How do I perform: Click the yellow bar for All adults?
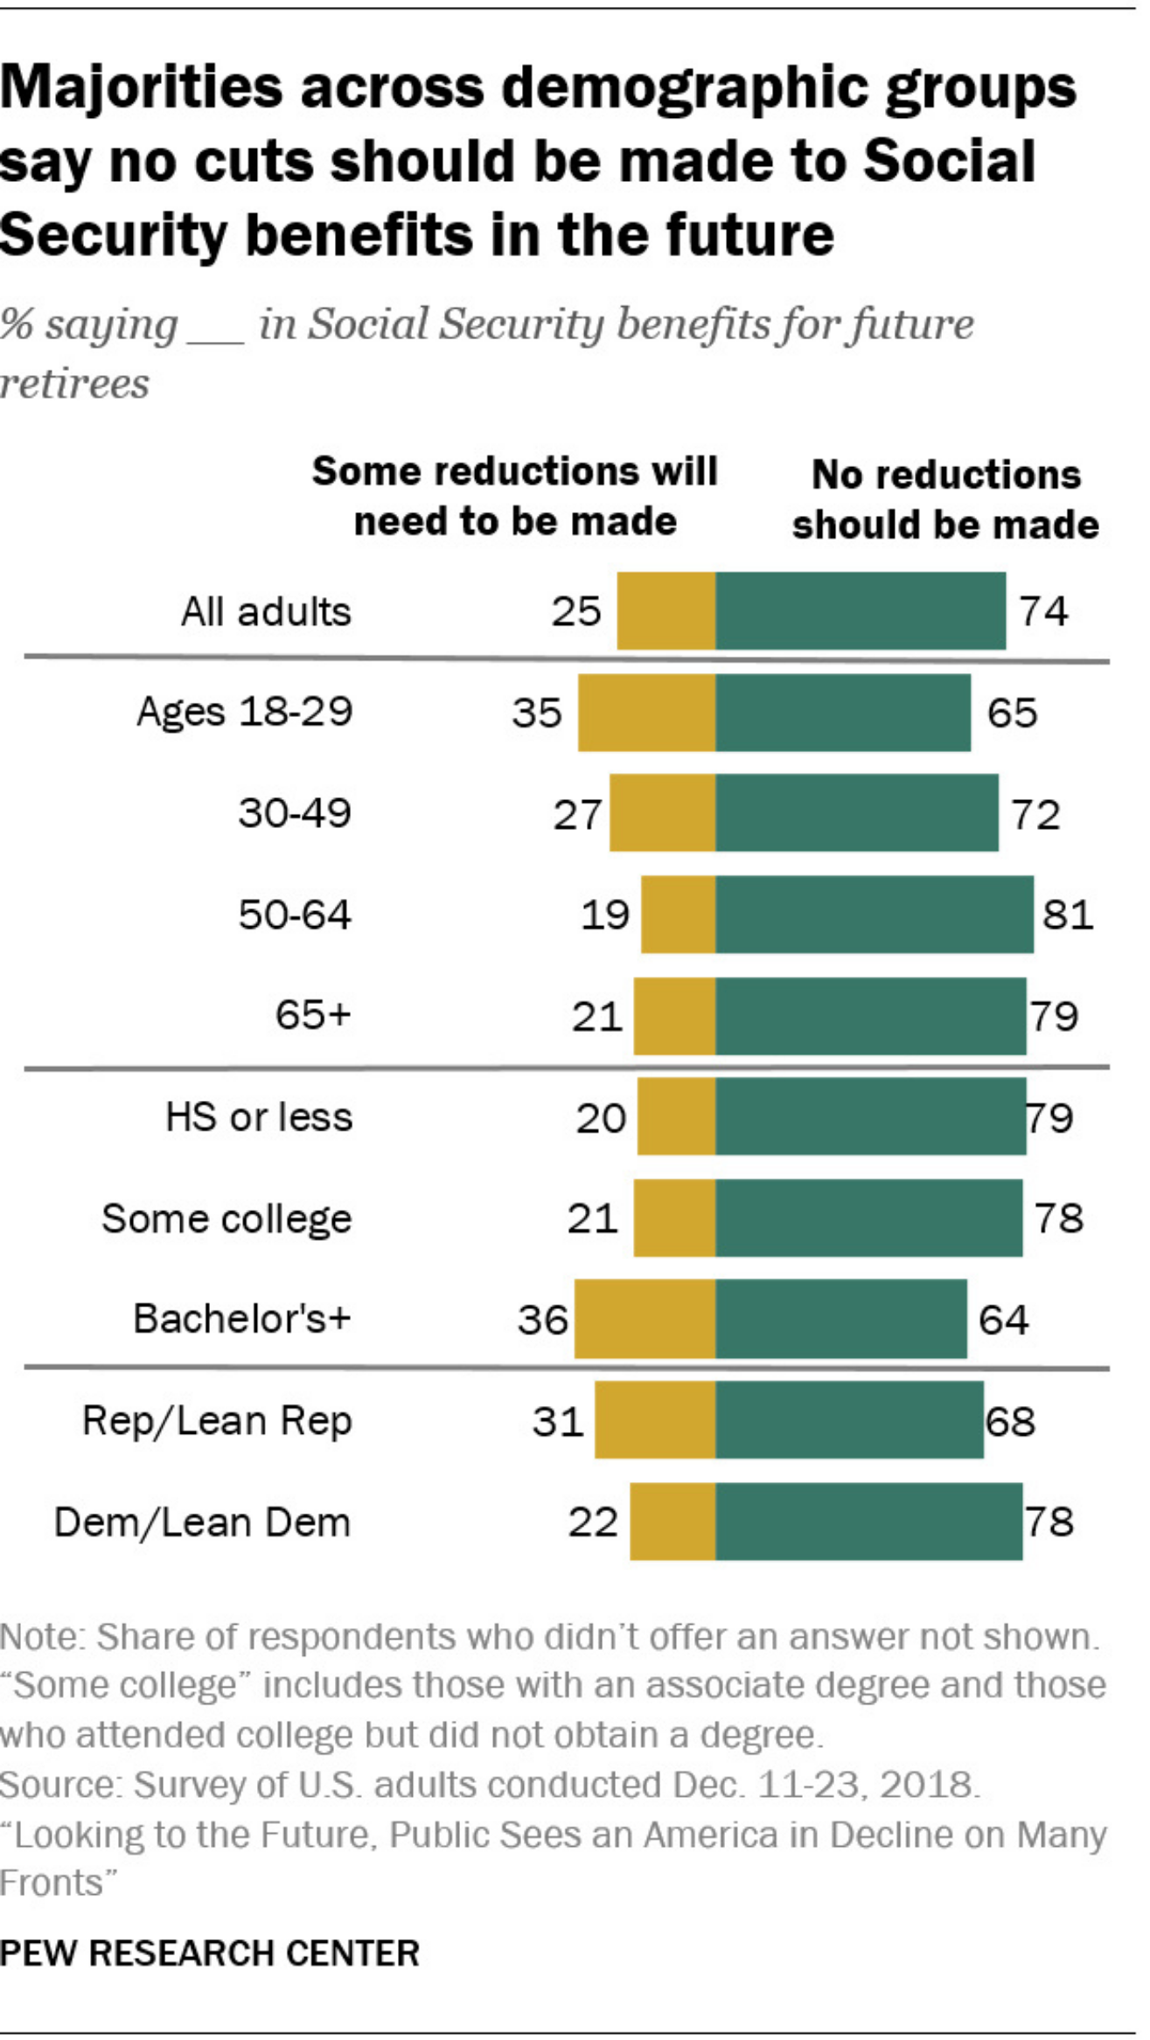pyautogui.click(x=666, y=610)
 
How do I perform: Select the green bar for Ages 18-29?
pyautogui.click(x=843, y=712)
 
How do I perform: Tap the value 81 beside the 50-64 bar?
pyautogui.click(x=1068, y=915)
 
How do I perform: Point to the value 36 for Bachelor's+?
pyautogui.click(x=542, y=1319)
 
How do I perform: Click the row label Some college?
pyautogui.click(x=227, y=1218)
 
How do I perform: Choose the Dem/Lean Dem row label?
pyautogui.click(x=202, y=1522)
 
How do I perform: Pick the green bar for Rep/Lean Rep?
pyautogui.click(x=849, y=1420)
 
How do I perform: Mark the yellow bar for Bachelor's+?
pyautogui.click(x=645, y=1319)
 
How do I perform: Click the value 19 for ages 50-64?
pyautogui.click(x=604, y=915)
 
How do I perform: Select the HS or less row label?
pyautogui.click(x=259, y=1117)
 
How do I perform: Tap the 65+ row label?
pyautogui.click(x=313, y=1015)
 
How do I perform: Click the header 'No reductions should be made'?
pyautogui.click(x=945, y=499)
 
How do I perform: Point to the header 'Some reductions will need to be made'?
pyautogui.click(x=515, y=496)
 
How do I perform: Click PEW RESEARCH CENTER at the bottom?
pyautogui.click(x=210, y=1953)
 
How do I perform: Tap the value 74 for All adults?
pyautogui.click(x=1043, y=610)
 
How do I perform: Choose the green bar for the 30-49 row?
pyautogui.click(x=857, y=812)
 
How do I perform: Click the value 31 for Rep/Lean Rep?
pyautogui.click(x=558, y=1421)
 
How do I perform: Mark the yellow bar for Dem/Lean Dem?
pyautogui.click(x=673, y=1521)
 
